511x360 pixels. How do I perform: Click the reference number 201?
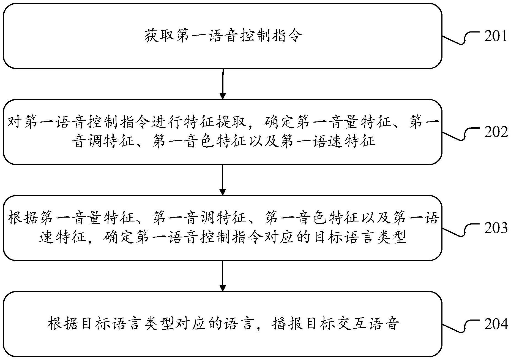click(496, 36)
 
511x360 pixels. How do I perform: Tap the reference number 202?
click(496, 132)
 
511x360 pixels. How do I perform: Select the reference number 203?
click(496, 228)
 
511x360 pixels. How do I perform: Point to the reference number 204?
click(496, 324)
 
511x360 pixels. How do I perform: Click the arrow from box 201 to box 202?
click(223, 84)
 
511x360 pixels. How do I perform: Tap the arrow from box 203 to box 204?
click(223, 276)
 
